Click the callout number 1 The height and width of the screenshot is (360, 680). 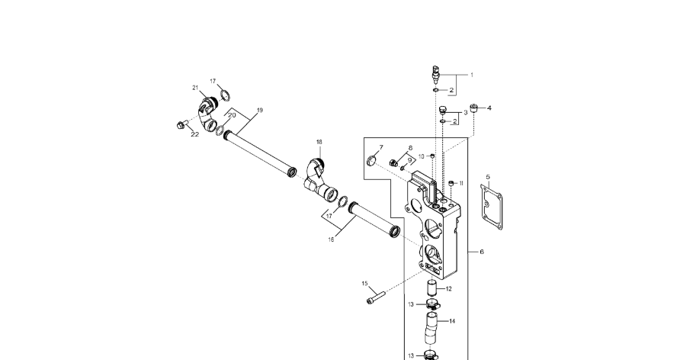coord(471,75)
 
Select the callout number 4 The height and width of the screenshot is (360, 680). coord(489,108)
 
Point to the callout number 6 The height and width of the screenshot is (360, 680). coord(481,251)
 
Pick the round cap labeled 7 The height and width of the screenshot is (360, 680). coord(372,159)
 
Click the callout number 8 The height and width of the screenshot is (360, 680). coord(410,148)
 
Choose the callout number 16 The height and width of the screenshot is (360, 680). coord(331,239)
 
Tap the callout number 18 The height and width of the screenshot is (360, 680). coord(319,142)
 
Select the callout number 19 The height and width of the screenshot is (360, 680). coord(259,111)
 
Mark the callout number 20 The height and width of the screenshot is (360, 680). coord(232,115)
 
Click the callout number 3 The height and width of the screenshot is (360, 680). coord(466,112)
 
